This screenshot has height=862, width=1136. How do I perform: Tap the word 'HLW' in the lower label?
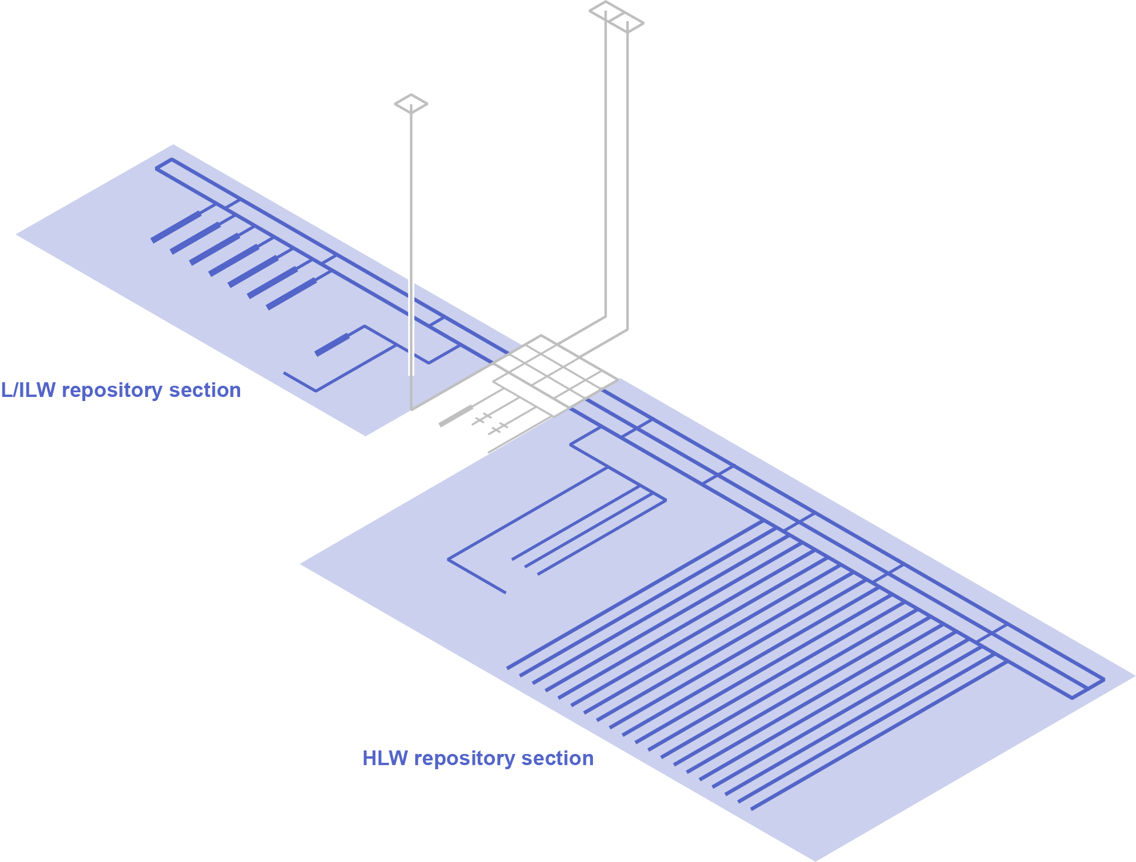385,759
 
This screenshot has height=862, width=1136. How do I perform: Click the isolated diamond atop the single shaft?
411,104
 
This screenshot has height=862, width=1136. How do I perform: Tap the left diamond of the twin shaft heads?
605,11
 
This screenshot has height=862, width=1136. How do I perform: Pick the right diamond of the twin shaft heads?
627,23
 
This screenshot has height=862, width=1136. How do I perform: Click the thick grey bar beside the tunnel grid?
456,416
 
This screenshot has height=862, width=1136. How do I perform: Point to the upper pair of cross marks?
482,418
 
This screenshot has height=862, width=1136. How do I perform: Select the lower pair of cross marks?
498,428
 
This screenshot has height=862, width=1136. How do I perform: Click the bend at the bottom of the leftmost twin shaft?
605,317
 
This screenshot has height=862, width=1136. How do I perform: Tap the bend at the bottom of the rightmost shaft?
627,330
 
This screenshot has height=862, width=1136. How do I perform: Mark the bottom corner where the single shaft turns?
411,409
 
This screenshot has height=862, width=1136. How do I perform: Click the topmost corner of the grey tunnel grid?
541,336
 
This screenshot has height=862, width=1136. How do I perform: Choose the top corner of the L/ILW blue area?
173,145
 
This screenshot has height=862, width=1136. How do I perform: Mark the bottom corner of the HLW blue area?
815,860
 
